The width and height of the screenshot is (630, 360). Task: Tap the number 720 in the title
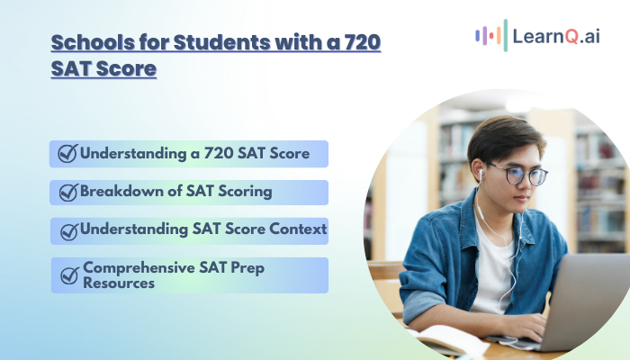pyautogui.click(x=363, y=42)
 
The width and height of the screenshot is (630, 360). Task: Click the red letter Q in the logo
pyautogui.click(x=571, y=37)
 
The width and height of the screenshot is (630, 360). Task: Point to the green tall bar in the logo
pyautogui.click(x=506, y=35)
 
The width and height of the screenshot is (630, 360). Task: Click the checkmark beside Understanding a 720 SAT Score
pyautogui.click(x=67, y=153)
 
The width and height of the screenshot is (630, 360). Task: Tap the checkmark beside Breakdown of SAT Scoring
pyautogui.click(x=68, y=193)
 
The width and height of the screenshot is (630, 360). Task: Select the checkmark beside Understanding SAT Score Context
pyautogui.click(x=69, y=232)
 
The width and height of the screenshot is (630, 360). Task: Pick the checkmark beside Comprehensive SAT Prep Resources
pyautogui.click(x=70, y=275)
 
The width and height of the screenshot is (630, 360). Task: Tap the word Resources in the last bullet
pyautogui.click(x=119, y=283)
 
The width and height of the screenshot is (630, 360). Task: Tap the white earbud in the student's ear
pyautogui.click(x=481, y=175)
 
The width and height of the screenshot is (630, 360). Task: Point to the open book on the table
pyautogui.click(x=446, y=340)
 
